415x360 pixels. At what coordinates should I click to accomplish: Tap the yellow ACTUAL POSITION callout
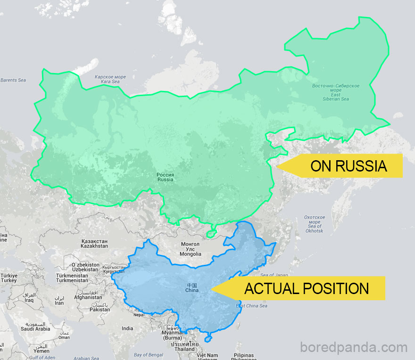[x=307, y=288]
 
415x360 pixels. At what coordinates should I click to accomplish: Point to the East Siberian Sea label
[x=336, y=92]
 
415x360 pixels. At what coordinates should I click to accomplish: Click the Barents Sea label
[x=13, y=80]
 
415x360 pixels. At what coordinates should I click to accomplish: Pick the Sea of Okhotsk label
[x=314, y=224]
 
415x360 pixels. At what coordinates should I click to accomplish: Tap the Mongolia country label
[x=191, y=249]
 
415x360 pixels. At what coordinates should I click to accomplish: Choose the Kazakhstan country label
[x=94, y=244]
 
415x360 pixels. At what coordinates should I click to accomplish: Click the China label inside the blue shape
[x=192, y=288]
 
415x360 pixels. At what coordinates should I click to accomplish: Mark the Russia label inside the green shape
[x=166, y=177]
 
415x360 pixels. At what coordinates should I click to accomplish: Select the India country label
[x=127, y=328]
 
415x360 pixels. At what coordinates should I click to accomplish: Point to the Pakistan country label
[x=100, y=307]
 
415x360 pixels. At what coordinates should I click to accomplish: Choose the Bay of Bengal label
[x=148, y=355]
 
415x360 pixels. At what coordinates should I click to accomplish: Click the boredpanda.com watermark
[x=354, y=348]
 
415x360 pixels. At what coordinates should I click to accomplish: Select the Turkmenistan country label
[x=72, y=278]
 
